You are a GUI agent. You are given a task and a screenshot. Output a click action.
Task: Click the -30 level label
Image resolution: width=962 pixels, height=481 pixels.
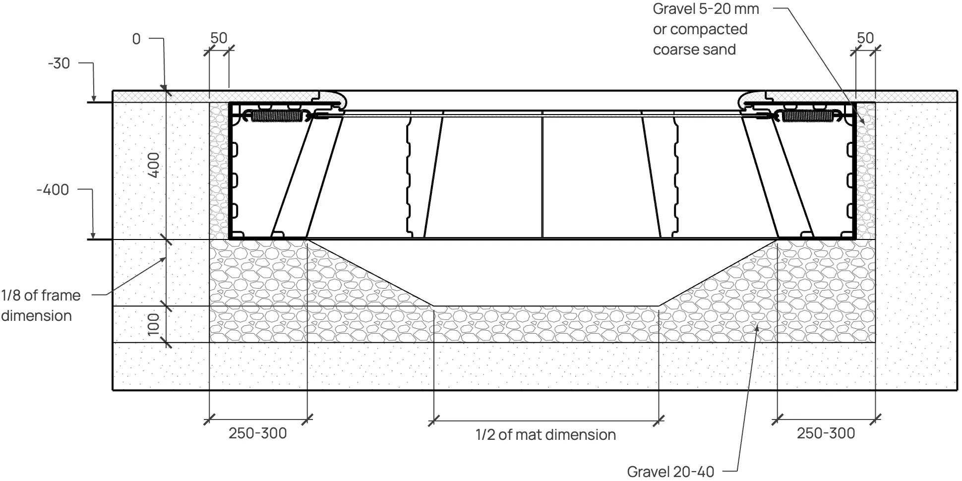(x=59, y=63)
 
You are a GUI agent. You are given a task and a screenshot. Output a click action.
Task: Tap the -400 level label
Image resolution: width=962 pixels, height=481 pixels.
(x=53, y=189)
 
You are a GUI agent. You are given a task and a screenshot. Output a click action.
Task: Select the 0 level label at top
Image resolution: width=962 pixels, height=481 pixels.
(x=136, y=39)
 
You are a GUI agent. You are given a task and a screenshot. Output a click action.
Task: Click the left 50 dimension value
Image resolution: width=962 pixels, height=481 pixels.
(x=219, y=38)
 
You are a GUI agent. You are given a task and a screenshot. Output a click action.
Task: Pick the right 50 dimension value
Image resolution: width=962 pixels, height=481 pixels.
(x=865, y=38)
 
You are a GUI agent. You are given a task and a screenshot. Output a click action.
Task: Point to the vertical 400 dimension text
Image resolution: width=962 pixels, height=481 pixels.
(x=154, y=165)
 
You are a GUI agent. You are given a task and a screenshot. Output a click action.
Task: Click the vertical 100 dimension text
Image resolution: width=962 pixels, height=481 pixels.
(x=154, y=324)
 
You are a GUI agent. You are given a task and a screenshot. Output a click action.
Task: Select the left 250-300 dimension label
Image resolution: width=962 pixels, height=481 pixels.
(x=257, y=433)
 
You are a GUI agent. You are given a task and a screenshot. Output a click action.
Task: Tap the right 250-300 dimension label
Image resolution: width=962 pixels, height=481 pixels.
(x=826, y=433)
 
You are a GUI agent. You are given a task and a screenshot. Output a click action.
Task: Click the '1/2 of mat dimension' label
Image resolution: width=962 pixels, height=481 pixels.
(x=545, y=435)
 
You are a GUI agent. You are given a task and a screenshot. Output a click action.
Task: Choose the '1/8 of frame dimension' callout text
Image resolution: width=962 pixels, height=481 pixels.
(x=41, y=305)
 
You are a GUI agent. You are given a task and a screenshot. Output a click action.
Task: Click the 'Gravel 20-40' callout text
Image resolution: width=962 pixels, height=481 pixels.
(x=670, y=472)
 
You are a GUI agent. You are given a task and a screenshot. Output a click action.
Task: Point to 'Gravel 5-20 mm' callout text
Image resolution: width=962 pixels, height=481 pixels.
(x=706, y=9)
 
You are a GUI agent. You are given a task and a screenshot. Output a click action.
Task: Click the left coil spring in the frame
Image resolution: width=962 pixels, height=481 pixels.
(x=276, y=116)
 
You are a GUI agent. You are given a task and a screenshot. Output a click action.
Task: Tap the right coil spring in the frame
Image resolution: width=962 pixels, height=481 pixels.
(x=809, y=116)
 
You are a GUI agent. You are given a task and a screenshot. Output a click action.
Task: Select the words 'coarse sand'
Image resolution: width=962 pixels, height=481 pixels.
(x=694, y=50)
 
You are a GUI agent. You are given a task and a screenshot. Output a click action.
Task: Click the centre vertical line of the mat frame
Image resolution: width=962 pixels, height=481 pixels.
(x=542, y=174)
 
